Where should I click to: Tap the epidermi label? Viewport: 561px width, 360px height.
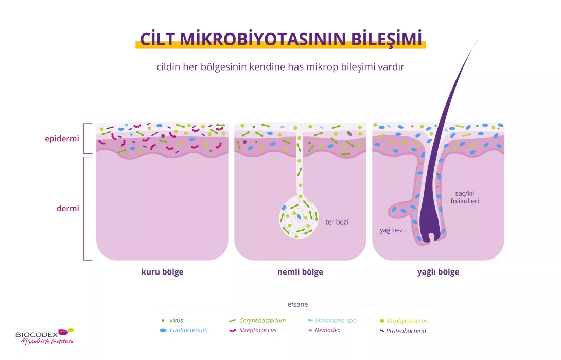click(x=62, y=138)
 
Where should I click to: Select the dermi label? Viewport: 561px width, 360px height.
click(x=67, y=209)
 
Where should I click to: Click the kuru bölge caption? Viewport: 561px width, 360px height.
click(x=162, y=272)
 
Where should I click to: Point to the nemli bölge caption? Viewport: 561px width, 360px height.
click(x=300, y=272)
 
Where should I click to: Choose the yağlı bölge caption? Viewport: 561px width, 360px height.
click(x=438, y=272)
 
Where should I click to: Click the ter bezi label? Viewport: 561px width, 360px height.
click(x=337, y=222)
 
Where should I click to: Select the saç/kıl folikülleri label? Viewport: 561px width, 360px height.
click(x=464, y=197)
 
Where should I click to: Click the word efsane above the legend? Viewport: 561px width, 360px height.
click(x=297, y=304)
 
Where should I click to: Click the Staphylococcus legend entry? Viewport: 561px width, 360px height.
click(x=407, y=321)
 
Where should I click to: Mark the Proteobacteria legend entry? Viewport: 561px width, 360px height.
click(x=406, y=331)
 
